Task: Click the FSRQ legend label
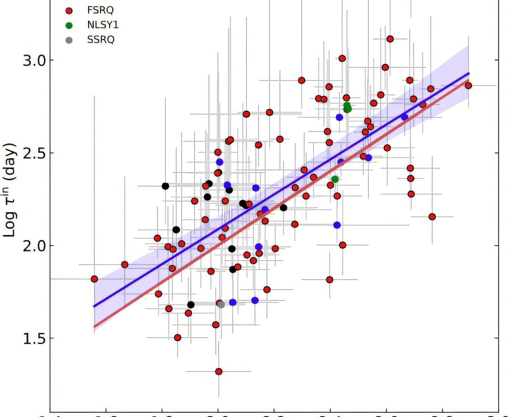(100, 10)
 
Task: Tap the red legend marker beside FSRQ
(69, 11)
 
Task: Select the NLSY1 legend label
(103, 25)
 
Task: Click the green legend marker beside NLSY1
(69, 25)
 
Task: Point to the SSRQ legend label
(101, 40)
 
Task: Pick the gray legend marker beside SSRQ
(69, 40)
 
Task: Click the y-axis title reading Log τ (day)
(10, 190)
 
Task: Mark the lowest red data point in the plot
(219, 371)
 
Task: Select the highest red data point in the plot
(390, 39)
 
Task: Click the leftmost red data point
(94, 279)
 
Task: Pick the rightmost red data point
(468, 86)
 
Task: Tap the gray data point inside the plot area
(221, 305)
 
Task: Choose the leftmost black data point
(165, 186)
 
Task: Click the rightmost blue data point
(404, 117)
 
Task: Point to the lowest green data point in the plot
(335, 179)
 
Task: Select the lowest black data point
(190, 305)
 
